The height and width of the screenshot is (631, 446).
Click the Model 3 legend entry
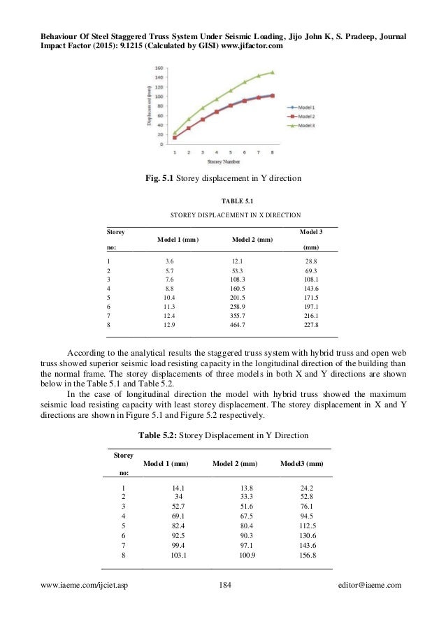(302, 126)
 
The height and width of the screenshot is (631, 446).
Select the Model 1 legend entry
(302, 106)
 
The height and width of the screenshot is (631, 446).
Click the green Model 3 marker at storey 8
(273, 72)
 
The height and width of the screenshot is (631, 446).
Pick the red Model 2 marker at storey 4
(217, 111)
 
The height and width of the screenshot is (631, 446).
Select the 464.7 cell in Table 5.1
(240, 325)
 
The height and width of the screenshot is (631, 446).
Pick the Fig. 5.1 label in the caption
(158, 179)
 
